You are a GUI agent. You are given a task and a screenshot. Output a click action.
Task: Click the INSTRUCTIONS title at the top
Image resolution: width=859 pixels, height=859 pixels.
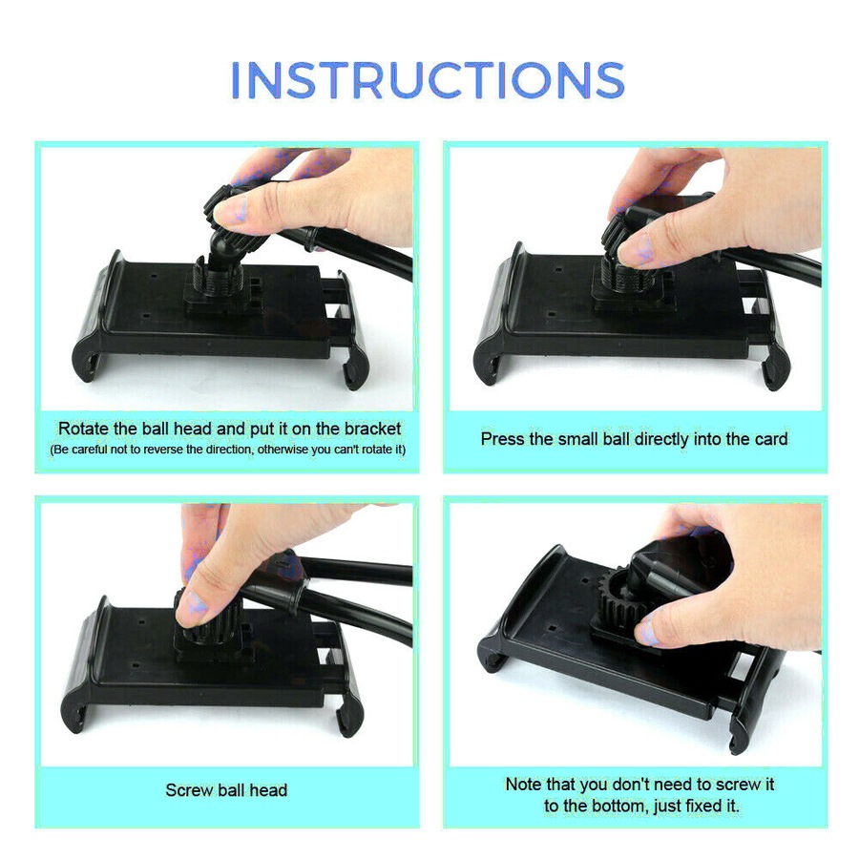coord(429,80)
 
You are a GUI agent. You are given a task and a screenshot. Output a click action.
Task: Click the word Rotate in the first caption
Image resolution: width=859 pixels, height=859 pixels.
coord(80,429)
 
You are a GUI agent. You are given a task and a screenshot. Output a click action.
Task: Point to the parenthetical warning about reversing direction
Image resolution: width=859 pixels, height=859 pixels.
coord(227,449)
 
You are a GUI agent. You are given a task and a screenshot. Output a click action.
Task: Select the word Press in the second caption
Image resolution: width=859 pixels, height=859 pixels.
coord(502,439)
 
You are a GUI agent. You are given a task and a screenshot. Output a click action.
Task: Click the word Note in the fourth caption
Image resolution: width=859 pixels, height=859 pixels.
coord(523,785)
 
